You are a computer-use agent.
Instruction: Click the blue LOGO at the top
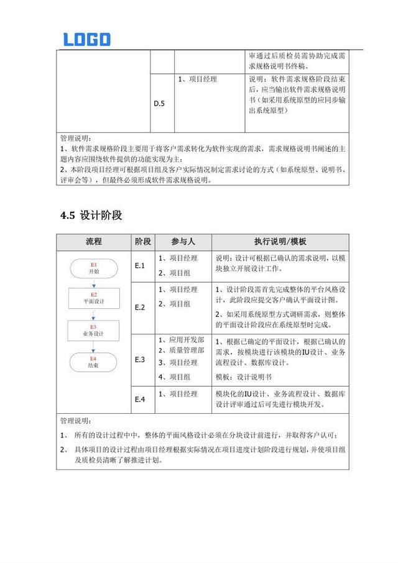pyautogui.click(x=86, y=39)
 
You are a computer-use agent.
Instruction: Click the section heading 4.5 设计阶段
pyautogui.click(x=91, y=216)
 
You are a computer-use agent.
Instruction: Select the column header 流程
pyautogui.click(x=94, y=242)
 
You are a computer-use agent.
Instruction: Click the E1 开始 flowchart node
pyautogui.click(x=94, y=268)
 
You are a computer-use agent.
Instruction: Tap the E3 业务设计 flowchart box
pyautogui.click(x=94, y=330)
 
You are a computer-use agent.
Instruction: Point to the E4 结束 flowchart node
pyautogui.click(x=94, y=362)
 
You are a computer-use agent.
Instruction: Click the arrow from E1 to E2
pyautogui.click(x=94, y=283)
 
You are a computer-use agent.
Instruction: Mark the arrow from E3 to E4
pyautogui.click(x=94, y=346)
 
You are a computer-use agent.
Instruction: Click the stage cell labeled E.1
pyautogui.click(x=140, y=266)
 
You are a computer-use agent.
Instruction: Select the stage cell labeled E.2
pyautogui.click(x=140, y=307)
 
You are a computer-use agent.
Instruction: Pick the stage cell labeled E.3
pyautogui.click(x=140, y=360)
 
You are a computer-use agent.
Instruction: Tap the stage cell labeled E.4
pyautogui.click(x=140, y=400)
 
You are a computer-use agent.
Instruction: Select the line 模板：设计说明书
pyautogui.click(x=243, y=377)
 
